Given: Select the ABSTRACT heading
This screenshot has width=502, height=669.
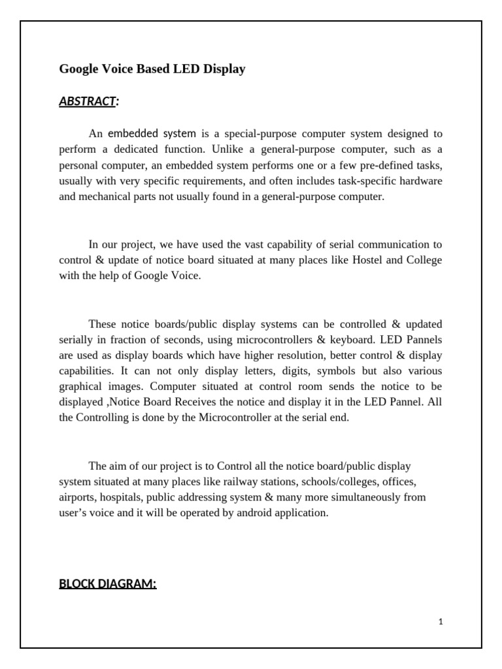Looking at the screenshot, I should coord(88,101).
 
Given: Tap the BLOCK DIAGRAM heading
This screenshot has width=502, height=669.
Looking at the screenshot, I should coord(108,583).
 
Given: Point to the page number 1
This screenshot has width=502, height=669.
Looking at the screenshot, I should coord(441,621).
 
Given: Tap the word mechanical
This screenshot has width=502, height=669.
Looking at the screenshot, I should coord(106,196).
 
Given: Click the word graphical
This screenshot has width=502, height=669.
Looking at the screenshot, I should coord(82,387).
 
